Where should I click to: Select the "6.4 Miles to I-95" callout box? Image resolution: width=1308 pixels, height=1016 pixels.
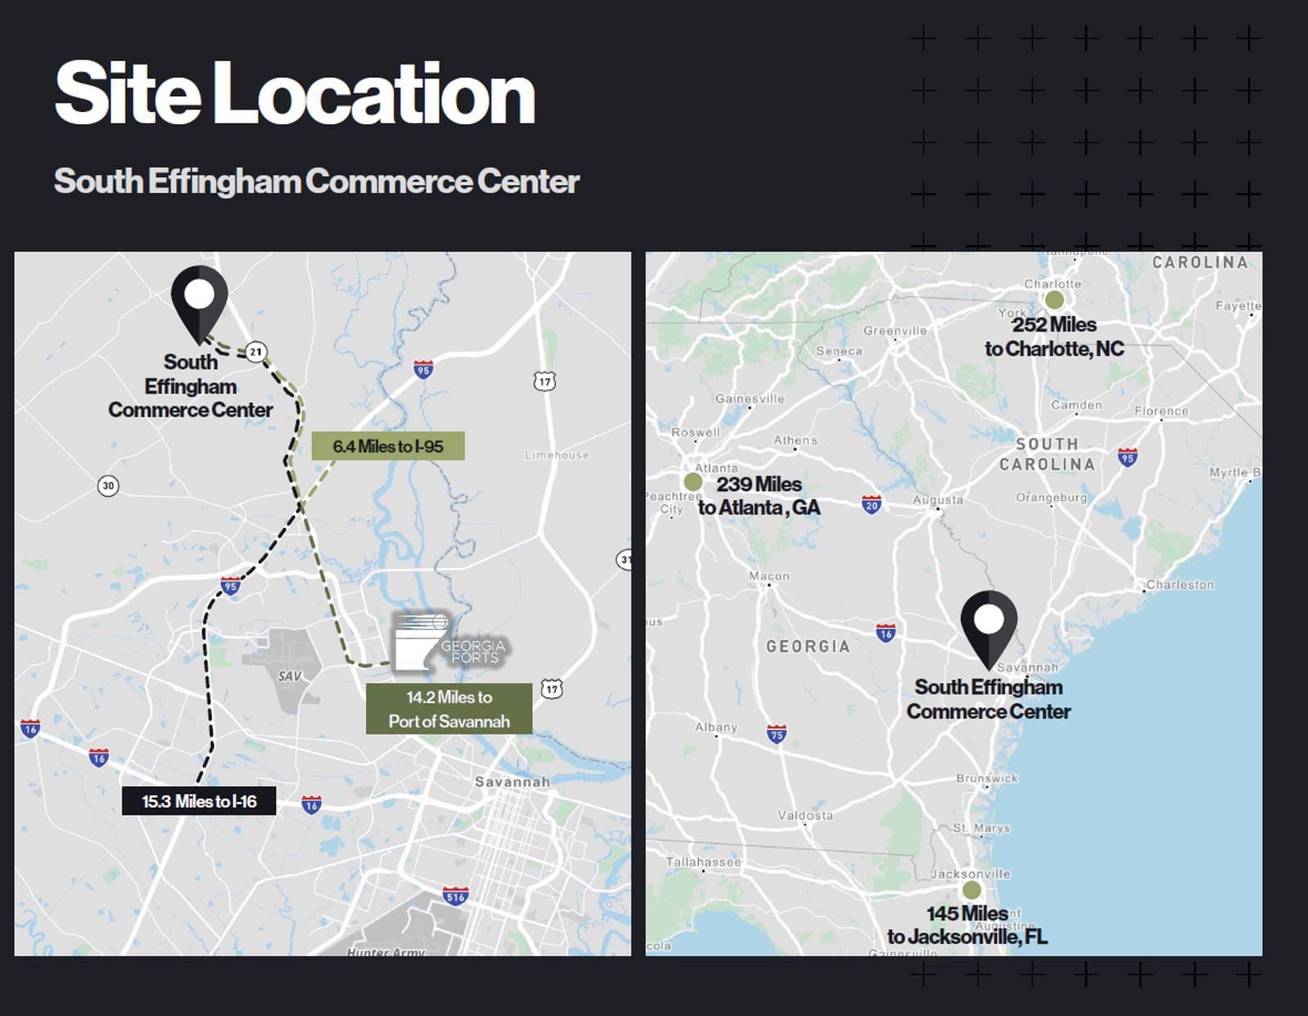[x=387, y=446]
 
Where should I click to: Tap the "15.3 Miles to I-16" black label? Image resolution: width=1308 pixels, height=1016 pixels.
[x=199, y=801]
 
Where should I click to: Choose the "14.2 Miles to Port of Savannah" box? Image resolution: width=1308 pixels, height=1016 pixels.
[x=449, y=709]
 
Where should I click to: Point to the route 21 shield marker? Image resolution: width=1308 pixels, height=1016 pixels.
[x=256, y=352]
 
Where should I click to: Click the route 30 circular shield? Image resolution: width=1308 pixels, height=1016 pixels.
[x=108, y=486]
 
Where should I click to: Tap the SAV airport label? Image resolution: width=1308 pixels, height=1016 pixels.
[x=289, y=676]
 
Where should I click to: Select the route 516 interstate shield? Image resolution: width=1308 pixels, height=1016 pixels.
[x=455, y=896]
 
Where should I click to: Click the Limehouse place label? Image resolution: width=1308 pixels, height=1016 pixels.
[x=557, y=455]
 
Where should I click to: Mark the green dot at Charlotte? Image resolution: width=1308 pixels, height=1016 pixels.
[x=1055, y=300]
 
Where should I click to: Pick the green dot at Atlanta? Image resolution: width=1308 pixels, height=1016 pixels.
[x=692, y=481]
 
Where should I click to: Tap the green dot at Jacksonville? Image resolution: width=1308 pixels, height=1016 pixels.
[x=971, y=889]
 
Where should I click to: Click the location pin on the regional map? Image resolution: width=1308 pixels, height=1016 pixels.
[x=988, y=624]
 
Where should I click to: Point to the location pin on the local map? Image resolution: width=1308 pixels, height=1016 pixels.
[x=199, y=298]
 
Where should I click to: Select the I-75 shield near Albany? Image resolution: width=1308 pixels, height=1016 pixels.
[x=777, y=733]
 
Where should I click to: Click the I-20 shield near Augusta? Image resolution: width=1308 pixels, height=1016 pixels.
[x=871, y=504]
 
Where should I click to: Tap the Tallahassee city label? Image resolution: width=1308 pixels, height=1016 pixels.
[x=703, y=862]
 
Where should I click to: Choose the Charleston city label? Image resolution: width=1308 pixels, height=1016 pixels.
[x=1180, y=584]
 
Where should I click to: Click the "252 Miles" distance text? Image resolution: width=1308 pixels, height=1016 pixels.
[x=1054, y=324]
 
